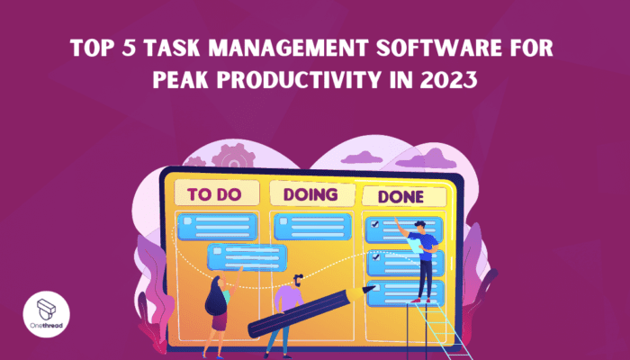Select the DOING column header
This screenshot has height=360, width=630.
coord(309,193)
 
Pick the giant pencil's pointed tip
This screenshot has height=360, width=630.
coord(372,288)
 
